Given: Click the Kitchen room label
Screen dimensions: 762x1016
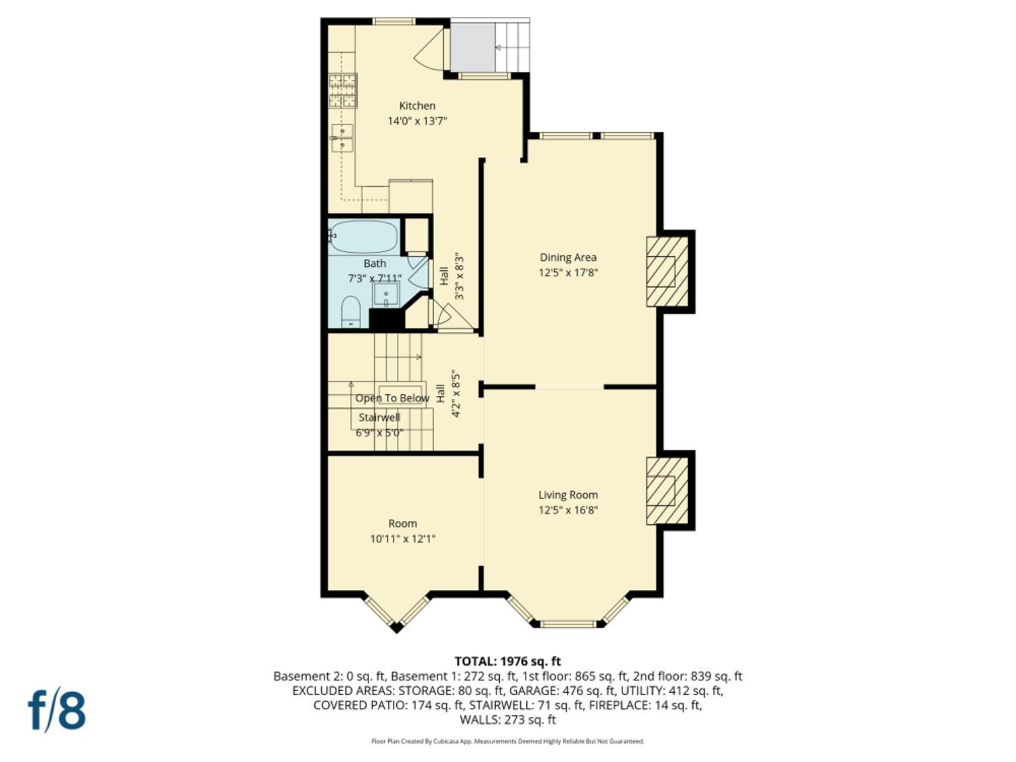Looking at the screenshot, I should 417,106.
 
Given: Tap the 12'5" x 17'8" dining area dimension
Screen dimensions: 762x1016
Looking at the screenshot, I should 568,273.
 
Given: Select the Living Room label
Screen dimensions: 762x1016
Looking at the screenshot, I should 568,495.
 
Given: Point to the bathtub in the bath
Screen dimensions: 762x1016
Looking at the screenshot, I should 364,236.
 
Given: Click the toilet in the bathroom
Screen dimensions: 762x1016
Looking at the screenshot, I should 350,312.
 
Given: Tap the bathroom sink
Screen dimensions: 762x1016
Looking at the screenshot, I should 386,295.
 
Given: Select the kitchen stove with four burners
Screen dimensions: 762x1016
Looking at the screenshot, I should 342,91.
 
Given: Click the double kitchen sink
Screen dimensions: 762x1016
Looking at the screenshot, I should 341,138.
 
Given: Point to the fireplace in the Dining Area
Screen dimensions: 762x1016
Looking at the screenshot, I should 666,272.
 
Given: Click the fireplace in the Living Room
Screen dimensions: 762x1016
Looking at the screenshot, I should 666,491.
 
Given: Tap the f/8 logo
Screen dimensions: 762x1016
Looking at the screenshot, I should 57,710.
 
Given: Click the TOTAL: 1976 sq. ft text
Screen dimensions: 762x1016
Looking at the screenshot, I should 507,661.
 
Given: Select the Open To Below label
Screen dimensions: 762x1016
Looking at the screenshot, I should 392,398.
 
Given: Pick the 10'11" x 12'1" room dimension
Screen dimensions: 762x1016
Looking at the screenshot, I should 402,539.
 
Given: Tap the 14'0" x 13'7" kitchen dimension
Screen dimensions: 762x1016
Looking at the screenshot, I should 417,121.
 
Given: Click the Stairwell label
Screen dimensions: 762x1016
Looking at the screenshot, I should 379,417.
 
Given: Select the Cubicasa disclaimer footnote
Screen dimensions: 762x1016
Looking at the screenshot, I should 507,741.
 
